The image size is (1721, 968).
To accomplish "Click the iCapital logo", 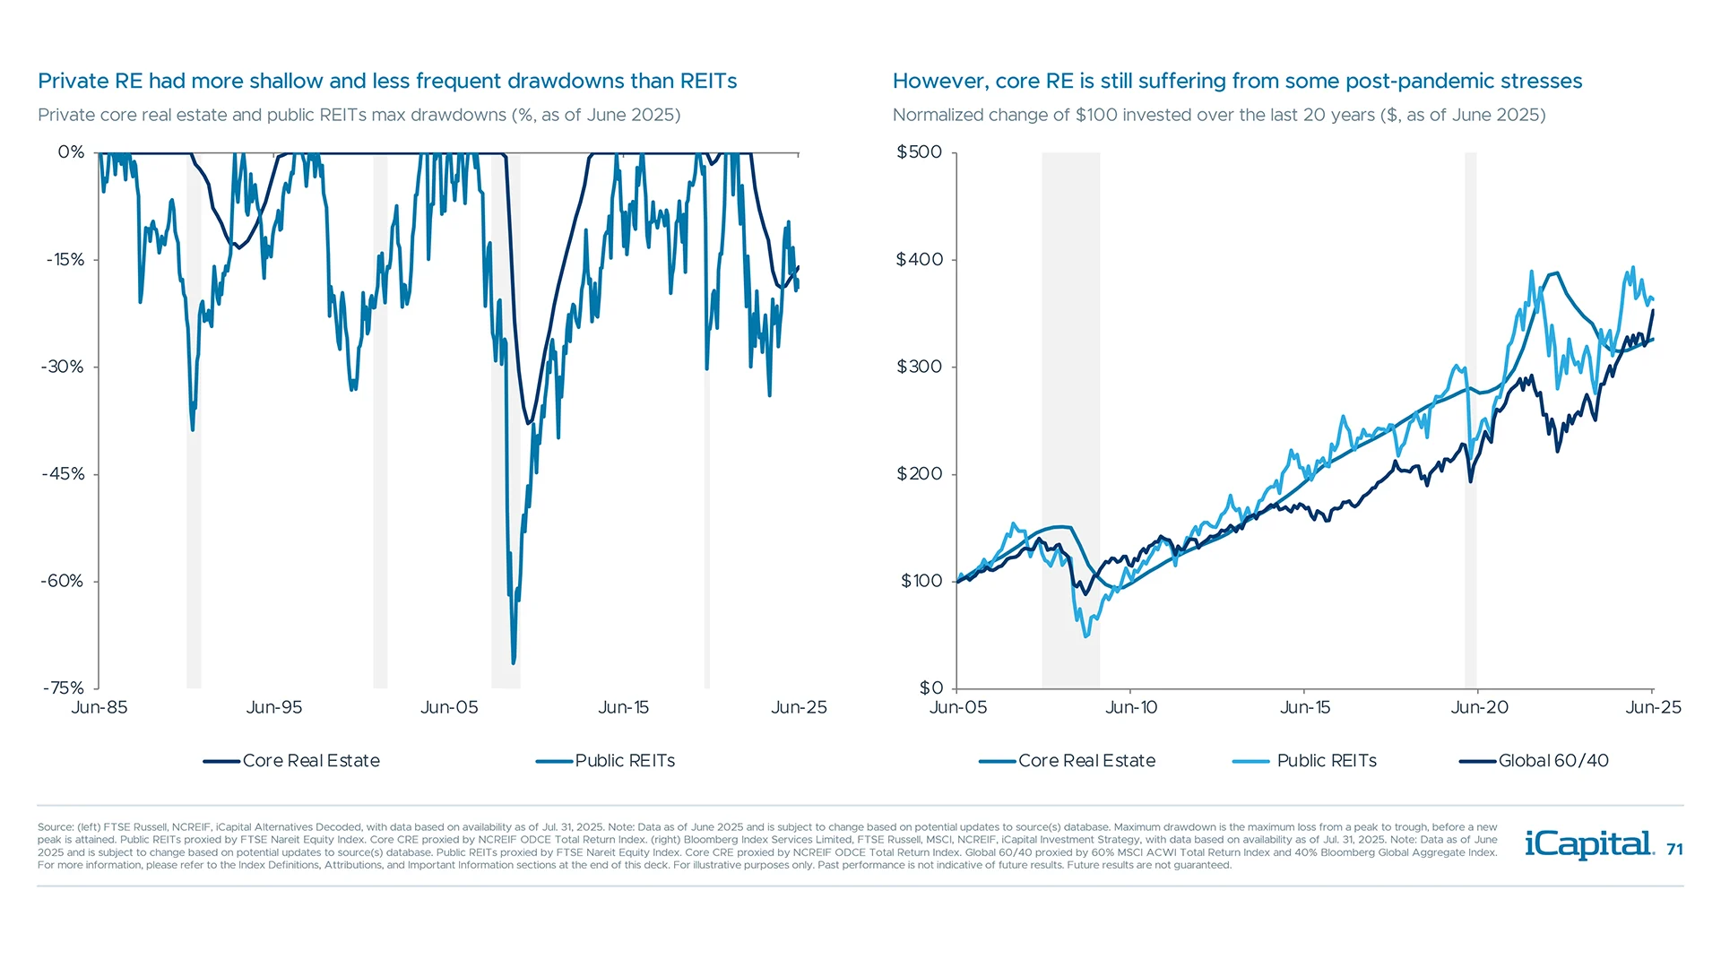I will click(x=1588, y=844).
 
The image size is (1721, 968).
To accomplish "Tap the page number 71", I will click(x=1674, y=849).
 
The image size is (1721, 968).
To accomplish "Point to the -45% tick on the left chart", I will click(x=63, y=474).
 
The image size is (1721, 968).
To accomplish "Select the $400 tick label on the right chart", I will click(x=920, y=260).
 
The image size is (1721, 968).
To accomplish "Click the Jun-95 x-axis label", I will click(x=274, y=707).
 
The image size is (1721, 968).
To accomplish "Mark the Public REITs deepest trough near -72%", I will click(x=514, y=662).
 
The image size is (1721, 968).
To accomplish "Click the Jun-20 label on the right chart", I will click(x=1479, y=707).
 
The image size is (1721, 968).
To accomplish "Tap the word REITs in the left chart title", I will click(x=708, y=82).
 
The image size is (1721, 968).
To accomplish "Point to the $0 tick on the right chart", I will click(x=931, y=688).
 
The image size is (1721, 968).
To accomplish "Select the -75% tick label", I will click(x=63, y=688).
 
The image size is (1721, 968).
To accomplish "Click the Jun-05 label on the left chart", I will click(x=449, y=707).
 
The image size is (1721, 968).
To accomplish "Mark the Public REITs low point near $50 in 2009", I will click(x=1086, y=635).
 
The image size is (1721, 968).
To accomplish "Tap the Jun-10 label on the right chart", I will click(x=1131, y=707).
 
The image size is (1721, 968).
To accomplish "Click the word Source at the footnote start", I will click(x=56, y=827).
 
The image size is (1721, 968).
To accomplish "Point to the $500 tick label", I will click(x=920, y=152).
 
